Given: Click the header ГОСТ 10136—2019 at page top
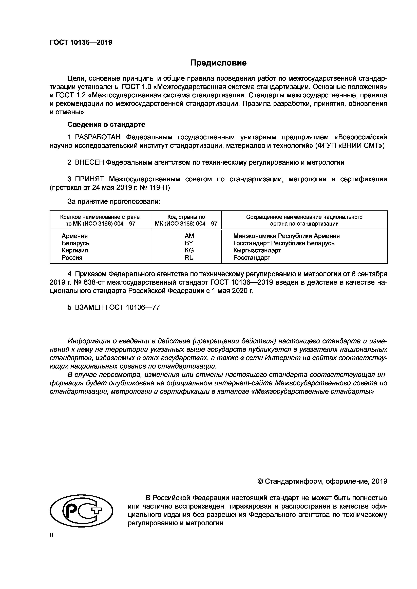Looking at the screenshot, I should [81, 42].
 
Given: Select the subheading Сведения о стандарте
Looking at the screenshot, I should [106, 125].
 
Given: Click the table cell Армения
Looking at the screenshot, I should [74, 236].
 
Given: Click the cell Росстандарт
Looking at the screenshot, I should [252, 258].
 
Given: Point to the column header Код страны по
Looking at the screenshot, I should [186, 217].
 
